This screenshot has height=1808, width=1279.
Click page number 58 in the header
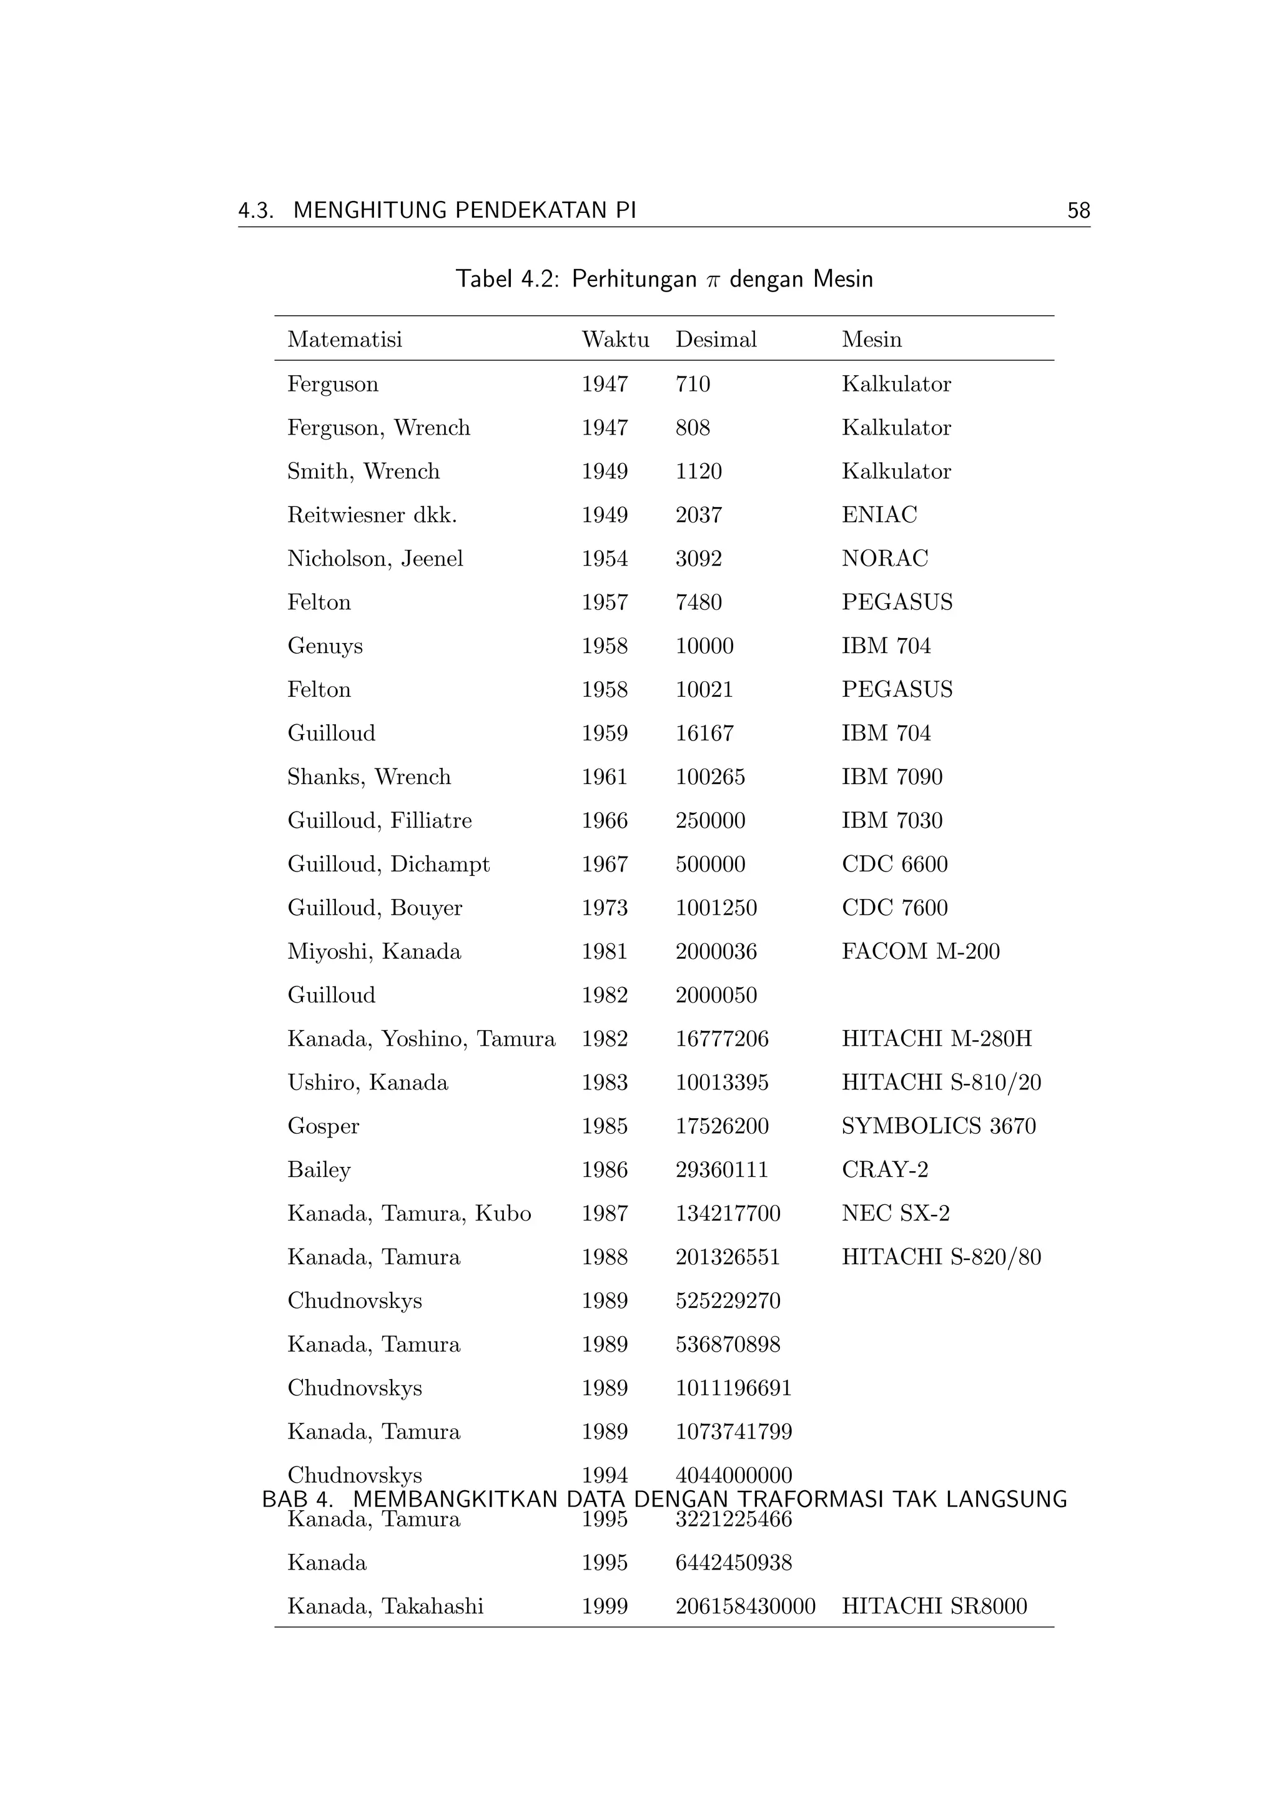point(1078,210)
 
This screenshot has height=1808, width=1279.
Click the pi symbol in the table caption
point(713,280)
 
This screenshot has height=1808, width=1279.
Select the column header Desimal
point(715,340)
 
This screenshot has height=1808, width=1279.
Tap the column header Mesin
point(871,340)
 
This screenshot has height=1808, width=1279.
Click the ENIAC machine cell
point(879,515)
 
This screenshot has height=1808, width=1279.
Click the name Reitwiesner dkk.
point(372,515)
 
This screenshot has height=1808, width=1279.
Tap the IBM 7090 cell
point(892,777)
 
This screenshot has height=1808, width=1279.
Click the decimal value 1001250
point(715,908)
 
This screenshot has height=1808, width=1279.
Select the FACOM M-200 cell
point(920,951)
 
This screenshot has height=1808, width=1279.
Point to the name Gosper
point(323,1127)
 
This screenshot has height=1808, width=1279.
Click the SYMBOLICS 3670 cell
point(938,1126)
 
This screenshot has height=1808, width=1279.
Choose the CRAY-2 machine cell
point(884,1169)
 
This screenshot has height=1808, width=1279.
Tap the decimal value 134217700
point(727,1214)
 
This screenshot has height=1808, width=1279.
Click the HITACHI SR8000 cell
point(934,1606)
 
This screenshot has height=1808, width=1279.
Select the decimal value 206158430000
point(745,1606)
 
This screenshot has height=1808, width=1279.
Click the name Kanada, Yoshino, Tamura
point(420,1039)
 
